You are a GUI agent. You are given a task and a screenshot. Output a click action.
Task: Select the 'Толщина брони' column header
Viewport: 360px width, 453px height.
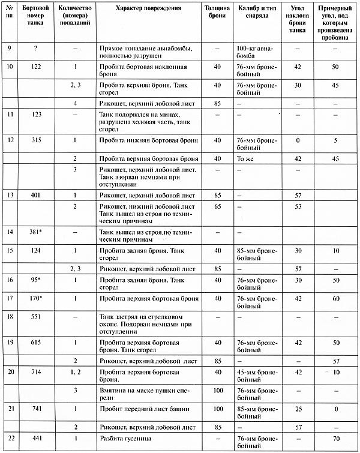pyautogui.click(x=217, y=16)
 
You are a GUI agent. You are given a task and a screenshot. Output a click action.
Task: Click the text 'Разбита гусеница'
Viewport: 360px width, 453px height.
pyautogui.click(x=124, y=438)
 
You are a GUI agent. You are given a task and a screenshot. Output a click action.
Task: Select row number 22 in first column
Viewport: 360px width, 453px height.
pyautogui.click(x=9, y=438)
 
